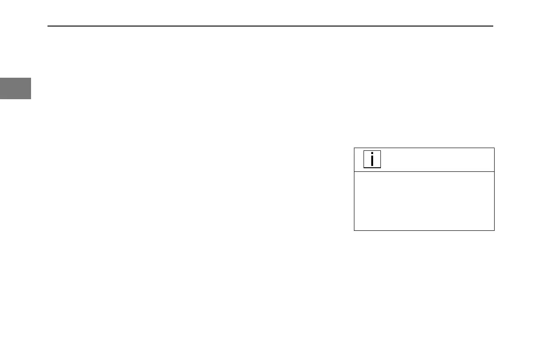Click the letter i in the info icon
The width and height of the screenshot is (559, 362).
click(x=372, y=160)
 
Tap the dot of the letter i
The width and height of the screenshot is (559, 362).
click(x=372, y=154)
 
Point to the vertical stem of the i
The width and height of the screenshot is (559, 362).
click(x=372, y=162)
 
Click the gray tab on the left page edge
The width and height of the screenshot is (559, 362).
click(x=16, y=88)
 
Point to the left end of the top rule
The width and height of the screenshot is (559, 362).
click(x=48, y=26)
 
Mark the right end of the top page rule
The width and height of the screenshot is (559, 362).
click(x=493, y=26)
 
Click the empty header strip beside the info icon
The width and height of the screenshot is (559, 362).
click(x=437, y=160)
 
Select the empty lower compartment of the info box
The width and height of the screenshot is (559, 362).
click(x=424, y=201)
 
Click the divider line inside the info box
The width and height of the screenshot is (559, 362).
click(x=424, y=172)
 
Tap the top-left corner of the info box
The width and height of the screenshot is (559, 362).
click(x=354, y=148)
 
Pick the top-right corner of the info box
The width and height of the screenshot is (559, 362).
click(x=494, y=148)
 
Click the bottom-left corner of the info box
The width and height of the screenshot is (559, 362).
click(x=354, y=230)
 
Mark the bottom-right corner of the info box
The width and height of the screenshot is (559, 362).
click(x=494, y=230)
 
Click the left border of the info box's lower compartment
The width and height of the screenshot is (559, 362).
click(x=354, y=201)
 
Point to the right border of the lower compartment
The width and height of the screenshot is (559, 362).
click(x=494, y=201)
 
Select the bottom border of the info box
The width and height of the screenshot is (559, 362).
click(x=424, y=230)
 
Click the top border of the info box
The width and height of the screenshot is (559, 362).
click(x=424, y=148)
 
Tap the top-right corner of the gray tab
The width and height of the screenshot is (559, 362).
click(x=31, y=78)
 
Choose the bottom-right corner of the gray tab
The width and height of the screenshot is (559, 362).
click(x=31, y=99)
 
